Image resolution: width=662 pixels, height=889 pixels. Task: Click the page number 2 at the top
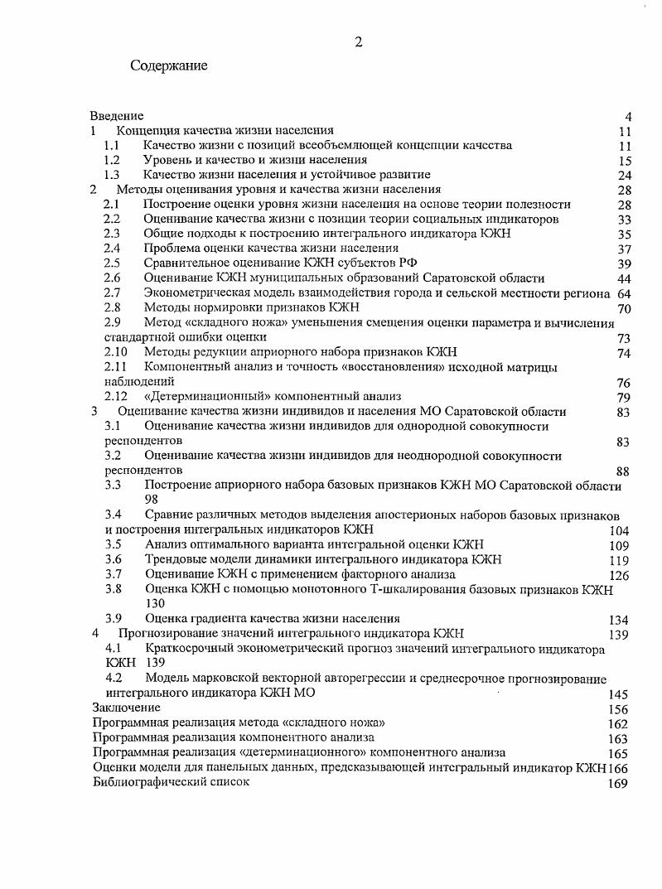click(358, 43)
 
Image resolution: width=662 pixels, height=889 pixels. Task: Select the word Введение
click(117, 116)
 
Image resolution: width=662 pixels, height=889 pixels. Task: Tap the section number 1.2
click(112, 160)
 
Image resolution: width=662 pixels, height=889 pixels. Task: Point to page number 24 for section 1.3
click(625, 176)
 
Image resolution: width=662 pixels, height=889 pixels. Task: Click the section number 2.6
click(112, 278)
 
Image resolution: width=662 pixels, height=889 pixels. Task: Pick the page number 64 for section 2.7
click(625, 294)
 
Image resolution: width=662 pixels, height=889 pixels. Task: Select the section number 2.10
click(115, 352)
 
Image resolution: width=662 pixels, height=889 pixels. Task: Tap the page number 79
click(624, 398)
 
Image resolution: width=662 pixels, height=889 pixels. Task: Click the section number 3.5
click(114, 544)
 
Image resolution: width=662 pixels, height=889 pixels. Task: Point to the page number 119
click(619, 561)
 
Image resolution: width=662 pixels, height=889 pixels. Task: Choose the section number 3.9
click(114, 618)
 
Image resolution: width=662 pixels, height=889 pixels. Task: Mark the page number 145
click(618, 694)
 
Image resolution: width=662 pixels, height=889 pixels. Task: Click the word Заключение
click(126, 708)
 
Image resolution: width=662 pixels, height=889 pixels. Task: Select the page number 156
click(618, 709)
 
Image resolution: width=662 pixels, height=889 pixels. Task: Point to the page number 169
click(618, 783)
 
